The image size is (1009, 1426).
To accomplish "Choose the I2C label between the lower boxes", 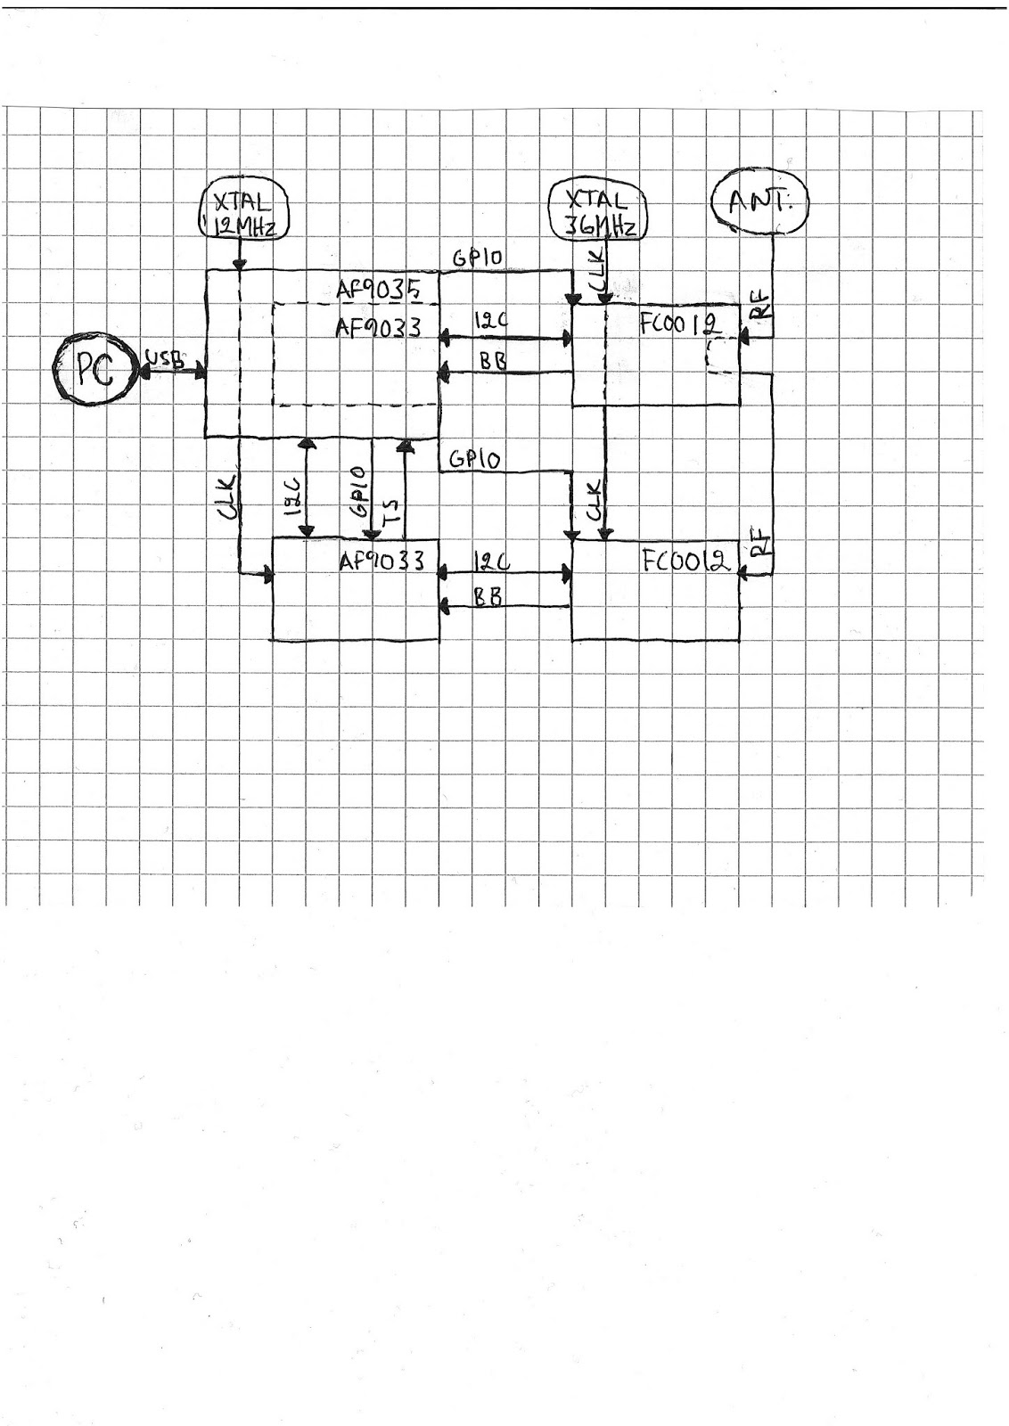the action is coord(491,563).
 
